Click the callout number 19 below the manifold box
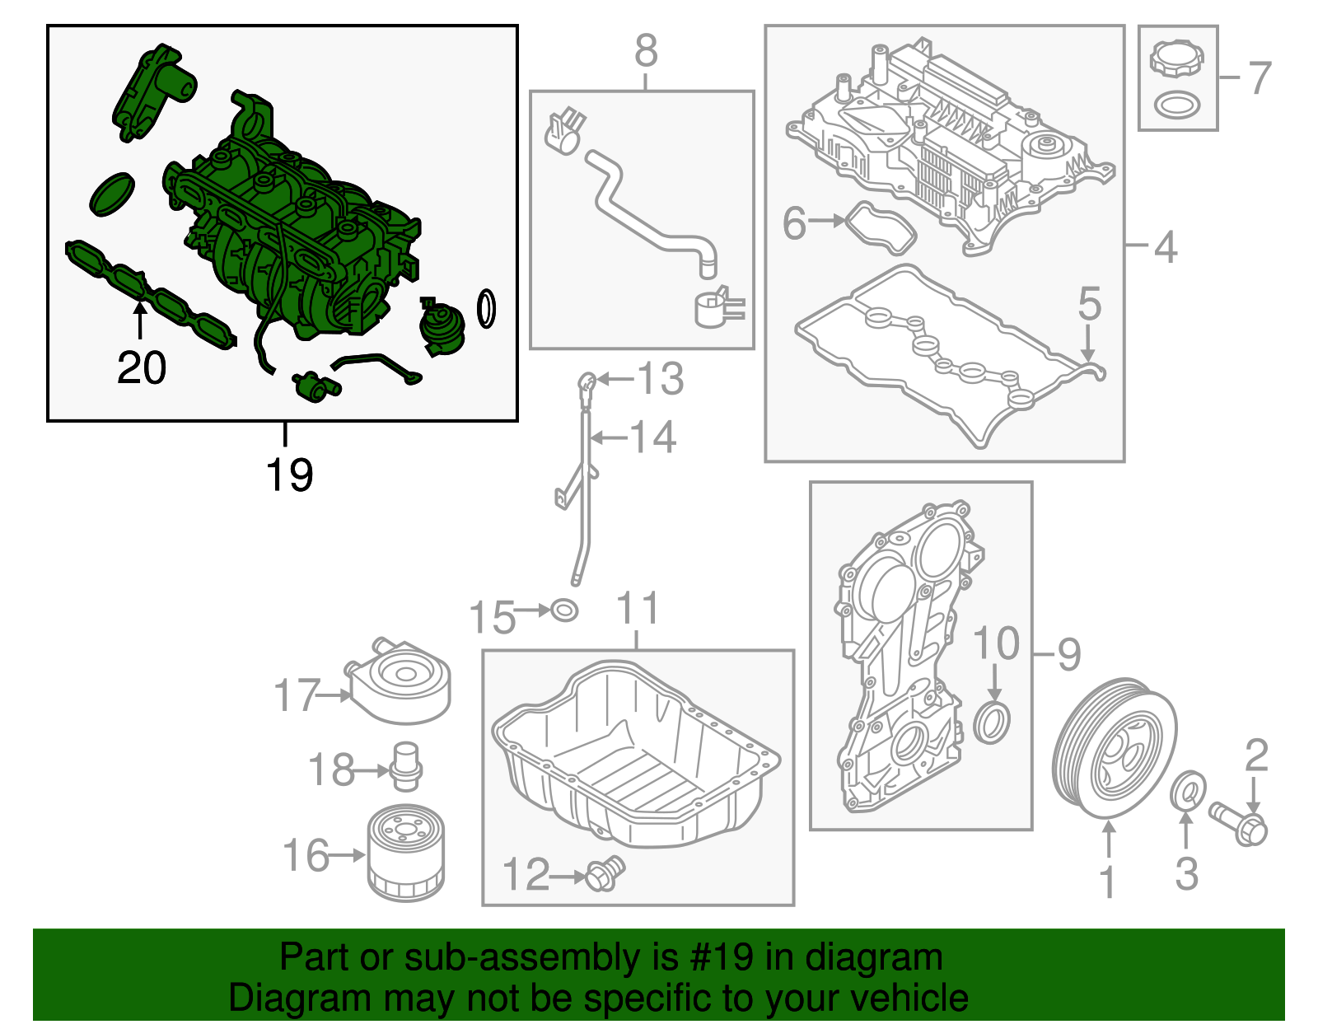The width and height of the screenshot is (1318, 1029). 289,475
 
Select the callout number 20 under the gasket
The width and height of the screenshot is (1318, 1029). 142,367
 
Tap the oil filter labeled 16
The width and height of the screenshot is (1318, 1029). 405,854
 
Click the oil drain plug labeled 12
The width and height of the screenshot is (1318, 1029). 605,874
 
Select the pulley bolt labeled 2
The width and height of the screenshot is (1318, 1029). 1239,823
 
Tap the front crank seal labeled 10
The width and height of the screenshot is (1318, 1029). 993,723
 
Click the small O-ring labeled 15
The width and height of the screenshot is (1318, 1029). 564,610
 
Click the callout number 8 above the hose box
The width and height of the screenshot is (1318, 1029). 646,51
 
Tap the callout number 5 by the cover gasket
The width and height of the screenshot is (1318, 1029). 1089,304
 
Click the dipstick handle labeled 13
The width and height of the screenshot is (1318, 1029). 586,382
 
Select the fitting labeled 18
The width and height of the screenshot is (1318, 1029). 406,766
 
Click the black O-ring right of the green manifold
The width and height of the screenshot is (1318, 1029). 487,309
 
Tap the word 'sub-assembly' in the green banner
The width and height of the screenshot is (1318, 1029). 526,957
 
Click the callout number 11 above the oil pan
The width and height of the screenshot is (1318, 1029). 638,609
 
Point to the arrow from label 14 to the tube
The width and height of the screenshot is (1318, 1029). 610,438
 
